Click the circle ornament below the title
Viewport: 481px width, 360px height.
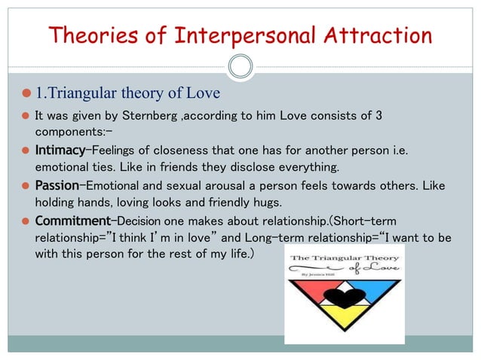click(x=240, y=67)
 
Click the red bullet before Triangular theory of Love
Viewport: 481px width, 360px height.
click(x=25, y=93)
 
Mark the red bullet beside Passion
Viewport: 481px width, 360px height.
click(x=25, y=185)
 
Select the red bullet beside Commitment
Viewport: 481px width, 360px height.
click(x=25, y=220)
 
